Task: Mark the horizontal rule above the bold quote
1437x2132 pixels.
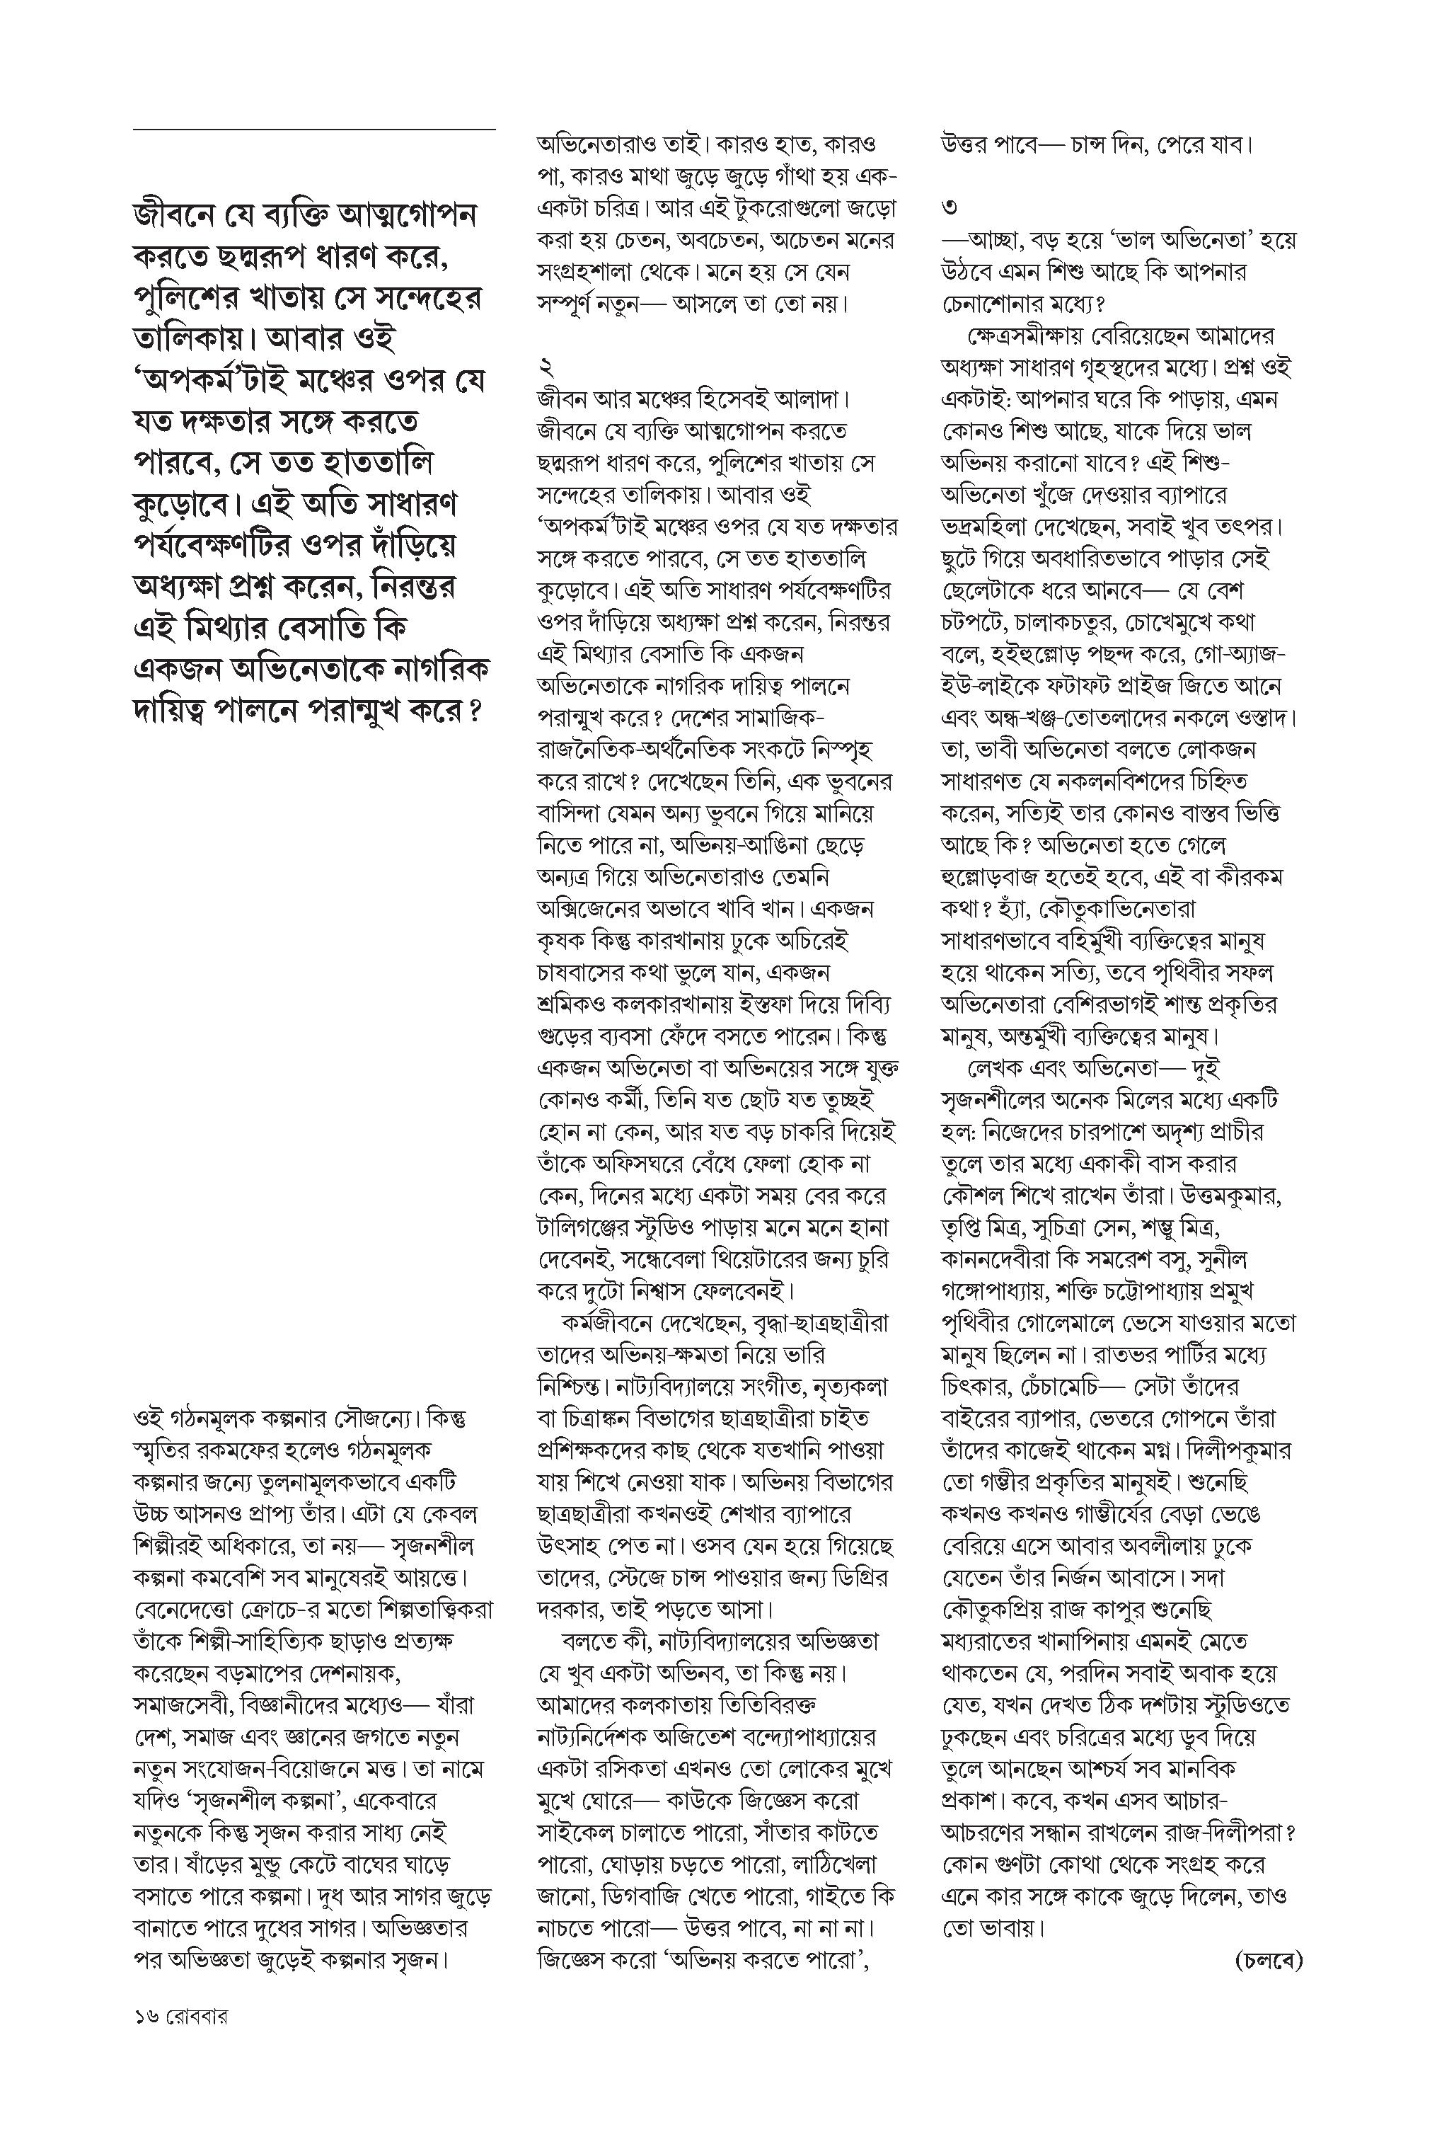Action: tap(313, 130)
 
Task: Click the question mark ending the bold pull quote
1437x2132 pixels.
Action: tap(474, 711)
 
